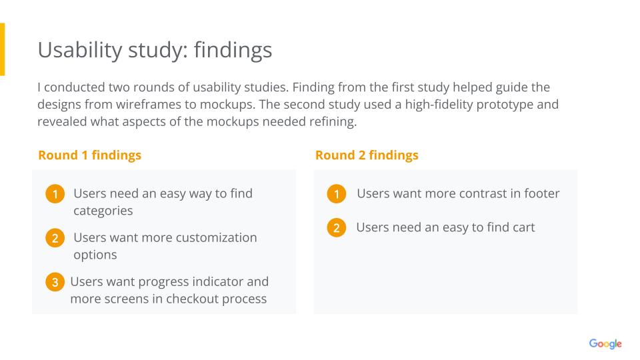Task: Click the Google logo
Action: [605, 344]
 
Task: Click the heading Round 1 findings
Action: [90, 155]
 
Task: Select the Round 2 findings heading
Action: [367, 155]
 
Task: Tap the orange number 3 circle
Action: [55, 282]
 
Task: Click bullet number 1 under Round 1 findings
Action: [55, 194]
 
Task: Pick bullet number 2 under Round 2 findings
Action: [336, 228]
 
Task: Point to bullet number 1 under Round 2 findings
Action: [336, 194]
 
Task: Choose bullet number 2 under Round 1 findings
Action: [55, 238]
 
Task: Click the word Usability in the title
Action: [80, 51]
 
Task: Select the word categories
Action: [103, 211]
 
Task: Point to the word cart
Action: [524, 228]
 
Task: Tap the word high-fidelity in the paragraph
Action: [439, 105]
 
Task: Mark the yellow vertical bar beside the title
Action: [3, 49]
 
